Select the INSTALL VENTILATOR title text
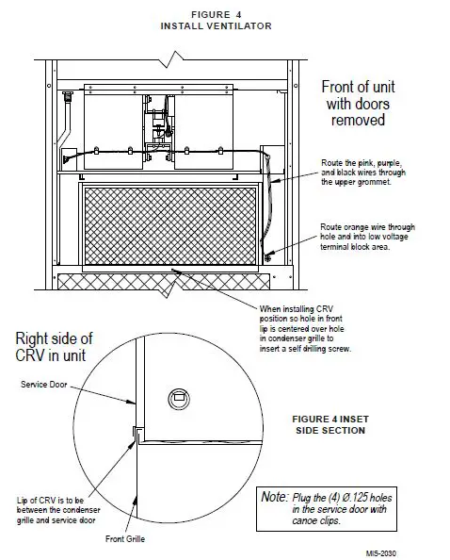217,26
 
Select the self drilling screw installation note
311,328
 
